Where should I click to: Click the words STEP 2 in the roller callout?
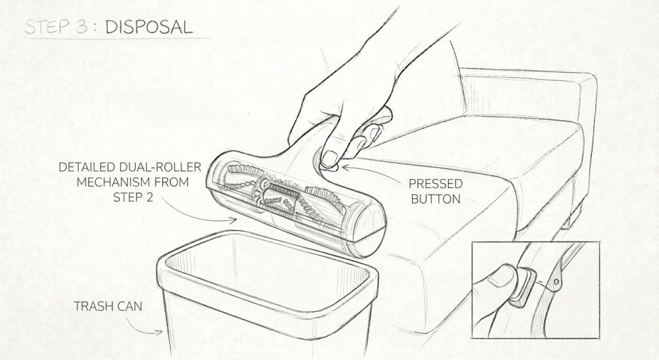click(x=132, y=198)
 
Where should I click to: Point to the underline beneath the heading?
click(x=116, y=39)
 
